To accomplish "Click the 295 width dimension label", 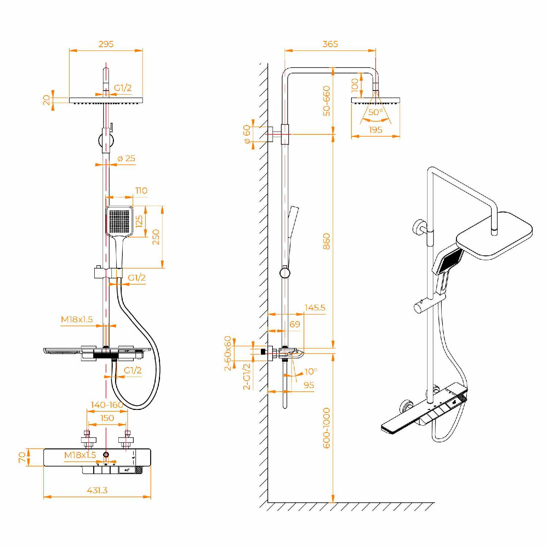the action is [x=106, y=44].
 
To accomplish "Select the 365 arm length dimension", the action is [x=330, y=44].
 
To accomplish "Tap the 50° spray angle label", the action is [x=376, y=112].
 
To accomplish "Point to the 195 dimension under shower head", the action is [x=376, y=130].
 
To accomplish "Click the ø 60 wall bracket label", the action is [x=247, y=134].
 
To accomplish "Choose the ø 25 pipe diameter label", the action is [x=126, y=158].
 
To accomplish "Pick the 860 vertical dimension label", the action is [x=326, y=241].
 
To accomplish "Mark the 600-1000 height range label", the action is [x=326, y=428].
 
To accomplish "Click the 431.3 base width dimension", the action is [x=97, y=490].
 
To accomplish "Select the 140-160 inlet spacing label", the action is [x=107, y=405].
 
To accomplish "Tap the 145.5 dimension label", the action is [x=315, y=308].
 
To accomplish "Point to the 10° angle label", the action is [x=311, y=371].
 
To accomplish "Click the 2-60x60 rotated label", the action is [x=228, y=353].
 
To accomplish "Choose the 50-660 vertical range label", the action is [x=326, y=101].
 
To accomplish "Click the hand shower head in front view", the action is [x=119, y=221].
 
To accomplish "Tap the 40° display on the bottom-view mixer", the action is [x=127, y=470].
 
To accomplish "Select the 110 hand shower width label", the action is [x=141, y=190].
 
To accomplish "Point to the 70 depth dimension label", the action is [x=22, y=457].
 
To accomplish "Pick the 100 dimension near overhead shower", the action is [x=355, y=85].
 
